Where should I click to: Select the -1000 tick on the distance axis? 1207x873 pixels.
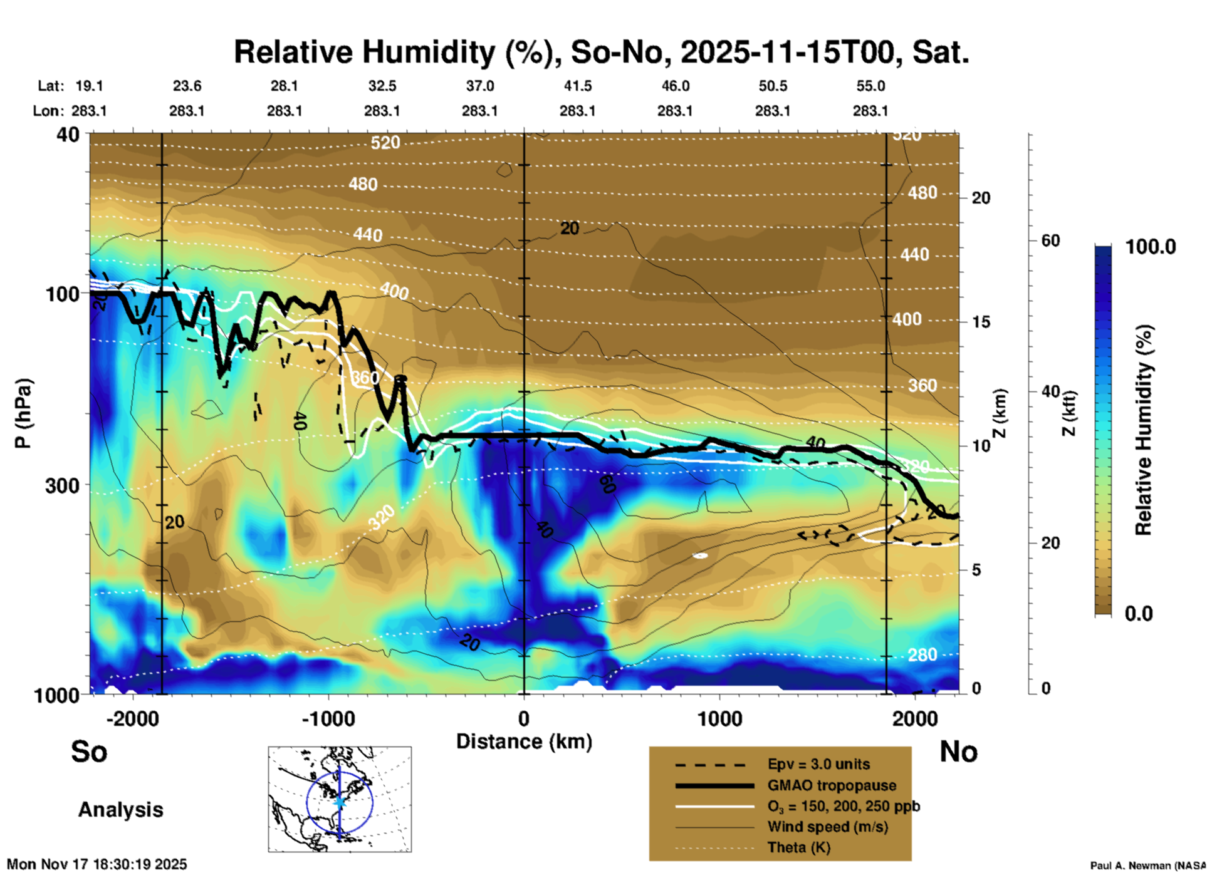coord(328,718)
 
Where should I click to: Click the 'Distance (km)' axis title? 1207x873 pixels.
coord(524,741)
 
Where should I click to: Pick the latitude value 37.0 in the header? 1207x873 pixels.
coord(479,86)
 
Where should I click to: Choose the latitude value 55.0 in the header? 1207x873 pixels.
coord(870,86)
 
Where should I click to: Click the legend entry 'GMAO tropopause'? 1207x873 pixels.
coord(832,785)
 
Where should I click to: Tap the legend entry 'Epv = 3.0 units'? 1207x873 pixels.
coord(818,764)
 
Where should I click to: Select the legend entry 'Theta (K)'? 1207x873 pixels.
coord(798,847)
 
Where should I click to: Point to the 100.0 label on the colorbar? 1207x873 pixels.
coord(1151,247)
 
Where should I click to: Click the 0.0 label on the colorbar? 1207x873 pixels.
coord(1139,613)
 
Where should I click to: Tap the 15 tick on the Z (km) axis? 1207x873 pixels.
coord(981,322)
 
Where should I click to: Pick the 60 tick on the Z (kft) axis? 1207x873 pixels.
coord(1050,240)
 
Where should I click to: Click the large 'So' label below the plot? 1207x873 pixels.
coord(89,752)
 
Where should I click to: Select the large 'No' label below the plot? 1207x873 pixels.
coord(958,752)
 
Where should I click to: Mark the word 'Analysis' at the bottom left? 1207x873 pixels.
coord(120,810)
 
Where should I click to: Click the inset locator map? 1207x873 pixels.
coord(340,799)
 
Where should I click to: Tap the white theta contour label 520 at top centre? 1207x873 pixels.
coord(385,143)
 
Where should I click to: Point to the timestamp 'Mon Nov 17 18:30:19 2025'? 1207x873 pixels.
coord(97,864)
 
